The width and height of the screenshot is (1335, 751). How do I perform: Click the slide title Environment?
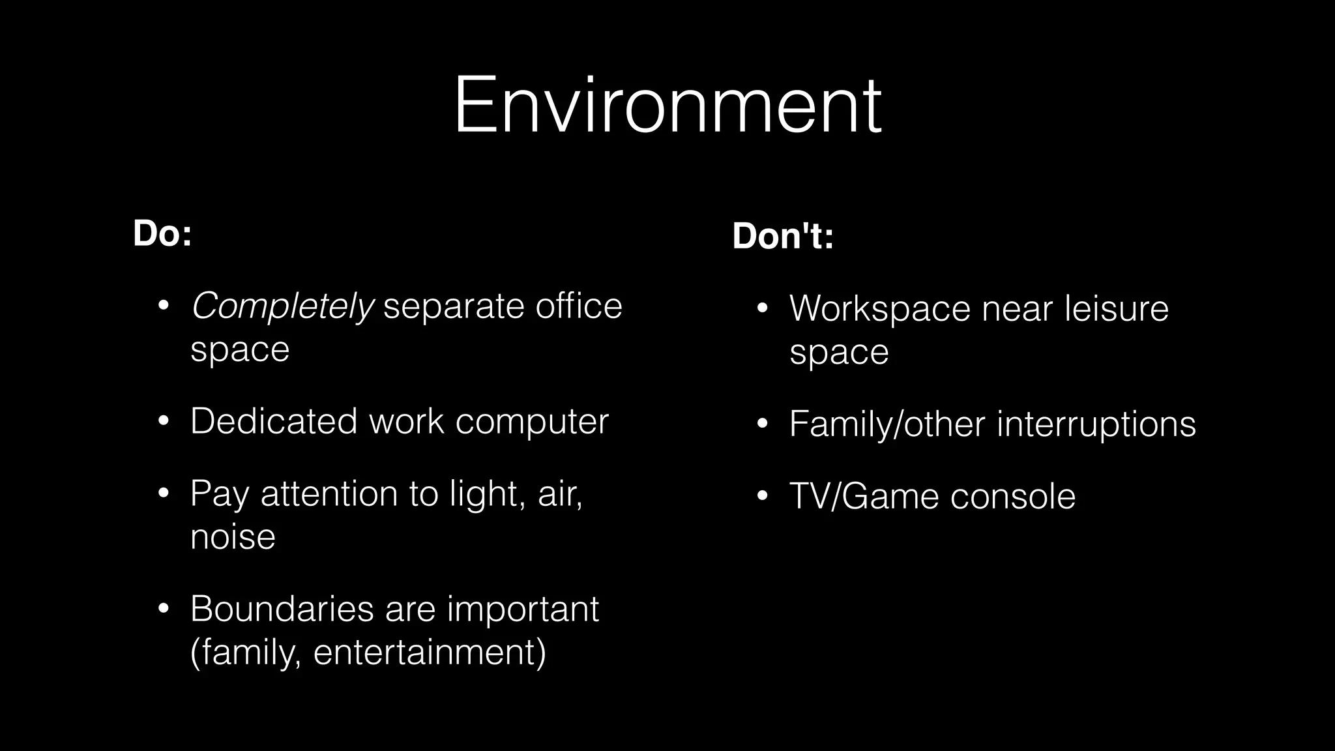pyautogui.click(x=667, y=104)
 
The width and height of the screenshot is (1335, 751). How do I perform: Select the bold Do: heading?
pyautogui.click(x=162, y=233)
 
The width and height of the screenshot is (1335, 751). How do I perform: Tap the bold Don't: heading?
pyautogui.click(x=783, y=236)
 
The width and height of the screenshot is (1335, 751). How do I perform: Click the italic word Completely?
pyautogui.click(x=282, y=306)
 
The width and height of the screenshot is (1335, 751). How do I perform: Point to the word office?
pyautogui.click(x=579, y=306)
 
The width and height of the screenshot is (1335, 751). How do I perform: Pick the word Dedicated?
pyautogui.click(x=274, y=421)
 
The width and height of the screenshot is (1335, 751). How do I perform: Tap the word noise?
pyautogui.click(x=233, y=537)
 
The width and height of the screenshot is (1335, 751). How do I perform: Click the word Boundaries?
pyautogui.click(x=282, y=609)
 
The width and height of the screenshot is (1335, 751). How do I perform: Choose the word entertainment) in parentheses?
pyautogui.click(x=430, y=652)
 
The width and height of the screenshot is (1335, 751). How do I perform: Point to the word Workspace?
pyautogui.click(x=880, y=309)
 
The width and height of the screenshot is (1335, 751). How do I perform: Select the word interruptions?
pyautogui.click(x=1096, y=424)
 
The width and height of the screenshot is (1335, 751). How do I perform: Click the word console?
pyautogui.click(x=1013, y=497)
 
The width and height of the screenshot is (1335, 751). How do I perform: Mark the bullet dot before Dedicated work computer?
pyautogui.click(x=164, y=422)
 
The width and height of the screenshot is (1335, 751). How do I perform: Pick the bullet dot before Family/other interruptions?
pyautogui.click(x=763, y=424)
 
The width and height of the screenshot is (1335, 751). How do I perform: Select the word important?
pyautogui.click(x=523, y=609)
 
